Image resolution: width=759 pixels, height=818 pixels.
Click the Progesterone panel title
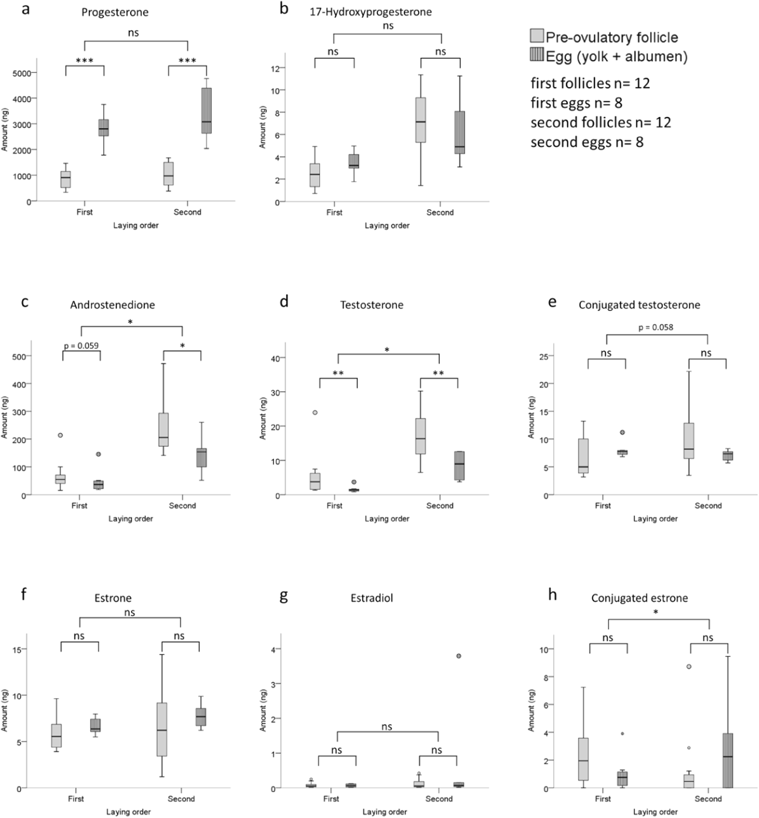(x=115, y=12)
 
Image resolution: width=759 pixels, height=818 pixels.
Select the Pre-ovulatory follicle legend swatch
(x=537, y=36)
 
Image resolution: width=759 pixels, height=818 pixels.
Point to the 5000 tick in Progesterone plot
(x=22, y=73)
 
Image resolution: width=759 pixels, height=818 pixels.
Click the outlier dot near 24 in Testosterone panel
(x=315, y=412)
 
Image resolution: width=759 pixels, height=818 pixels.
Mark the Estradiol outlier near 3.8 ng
(x=459, y=656)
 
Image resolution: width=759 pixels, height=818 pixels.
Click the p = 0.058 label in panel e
(x=656, y=327)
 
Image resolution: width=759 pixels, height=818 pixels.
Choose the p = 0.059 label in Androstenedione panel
(x=81, y=345)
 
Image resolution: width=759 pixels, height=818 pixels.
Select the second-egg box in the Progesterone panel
(x=206, y=110)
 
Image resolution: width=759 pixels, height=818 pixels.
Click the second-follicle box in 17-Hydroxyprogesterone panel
(x=420, y=120)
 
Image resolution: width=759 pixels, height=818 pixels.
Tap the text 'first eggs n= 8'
(x=576, y=103)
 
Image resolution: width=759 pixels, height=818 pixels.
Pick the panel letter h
(x=552, y=595)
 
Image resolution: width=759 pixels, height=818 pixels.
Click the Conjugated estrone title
(x=639, y=598)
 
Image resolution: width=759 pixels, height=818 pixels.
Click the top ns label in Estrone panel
(x=130, y=612)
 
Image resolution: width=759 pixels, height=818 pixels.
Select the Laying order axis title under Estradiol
(x=384, y=812)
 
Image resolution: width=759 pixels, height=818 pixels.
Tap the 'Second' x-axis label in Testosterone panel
(x=440, y=505)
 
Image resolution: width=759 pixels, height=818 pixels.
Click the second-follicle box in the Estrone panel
(x=162, y=729)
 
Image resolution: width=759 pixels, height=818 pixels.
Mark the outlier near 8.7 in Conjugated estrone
(x=689, y=666)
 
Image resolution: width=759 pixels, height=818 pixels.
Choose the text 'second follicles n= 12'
(x=600, y=122)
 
